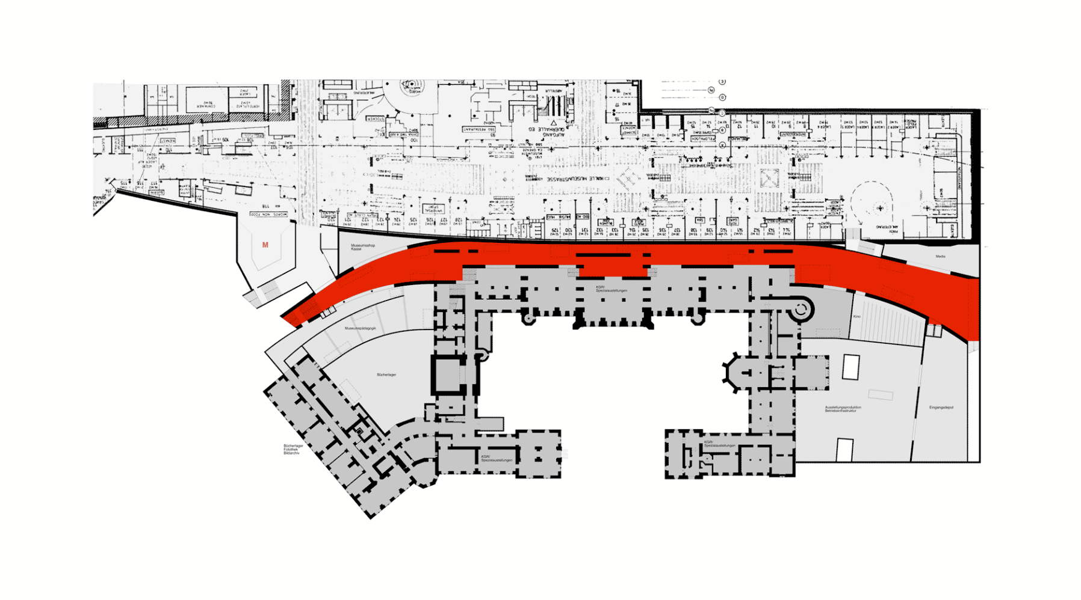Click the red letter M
pos(265,245)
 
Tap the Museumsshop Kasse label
pos(362,247)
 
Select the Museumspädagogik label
pos(360,328)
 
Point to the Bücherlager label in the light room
pos(386,375)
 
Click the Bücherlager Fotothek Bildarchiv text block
pos(293,449)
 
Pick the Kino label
pos(856,316)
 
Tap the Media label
pos(940,257)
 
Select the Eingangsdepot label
pos(941,408)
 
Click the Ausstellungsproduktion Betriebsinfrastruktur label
pos(843,409)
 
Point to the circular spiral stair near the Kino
pos(801,310)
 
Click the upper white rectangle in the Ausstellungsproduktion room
pos(850,367)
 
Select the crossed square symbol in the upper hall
pos(769,179)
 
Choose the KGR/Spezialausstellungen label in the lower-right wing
pos(720,444)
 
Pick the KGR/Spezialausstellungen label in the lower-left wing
pos(497,459)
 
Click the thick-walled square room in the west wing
pos(448,376)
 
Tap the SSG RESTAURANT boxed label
pos(479,129)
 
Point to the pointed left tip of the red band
pos(283,316)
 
